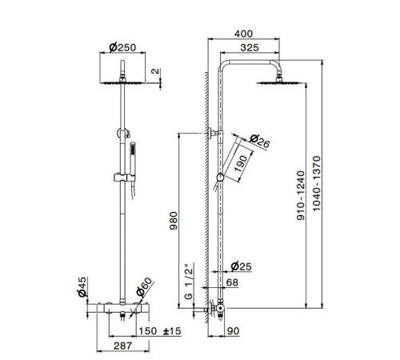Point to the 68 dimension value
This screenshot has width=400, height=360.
(231, 282)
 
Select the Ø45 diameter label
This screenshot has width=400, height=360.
(82, 286)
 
